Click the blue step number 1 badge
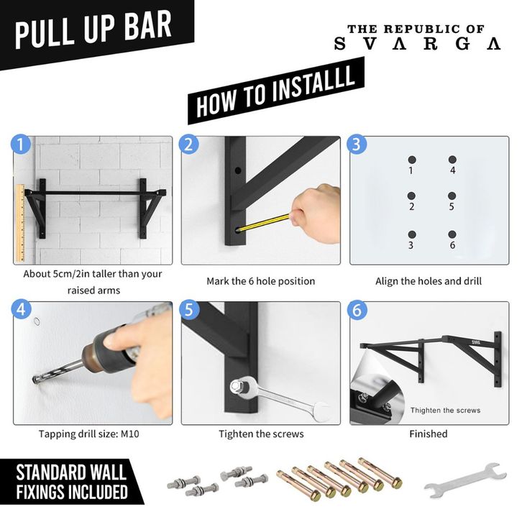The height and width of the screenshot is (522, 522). point(21,145)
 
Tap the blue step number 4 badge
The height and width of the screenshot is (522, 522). point(21,309)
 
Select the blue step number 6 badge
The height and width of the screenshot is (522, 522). point(357,310)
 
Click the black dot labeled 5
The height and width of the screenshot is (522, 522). point(452,196)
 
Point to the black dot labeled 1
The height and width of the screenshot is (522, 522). point(412,160)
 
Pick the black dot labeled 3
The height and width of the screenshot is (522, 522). point(412,234)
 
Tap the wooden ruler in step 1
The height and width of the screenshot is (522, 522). point(21,223)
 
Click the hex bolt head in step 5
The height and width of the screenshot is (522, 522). point(236,386)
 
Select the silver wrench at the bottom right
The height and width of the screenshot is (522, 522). point(465,481)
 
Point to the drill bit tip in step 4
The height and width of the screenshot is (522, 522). point(35,380)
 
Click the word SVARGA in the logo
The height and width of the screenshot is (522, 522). point(417,44)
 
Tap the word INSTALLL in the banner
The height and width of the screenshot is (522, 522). point(313,83)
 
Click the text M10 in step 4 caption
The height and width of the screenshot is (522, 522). point(130,434)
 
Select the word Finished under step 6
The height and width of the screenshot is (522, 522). point(429,434)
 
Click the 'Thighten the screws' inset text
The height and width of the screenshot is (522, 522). point(446,411)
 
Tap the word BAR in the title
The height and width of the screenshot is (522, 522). point(148,25)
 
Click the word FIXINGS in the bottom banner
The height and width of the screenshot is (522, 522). point(40,493)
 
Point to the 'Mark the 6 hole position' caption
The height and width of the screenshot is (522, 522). point(261,281)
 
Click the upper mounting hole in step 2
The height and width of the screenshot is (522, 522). point(238,171)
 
